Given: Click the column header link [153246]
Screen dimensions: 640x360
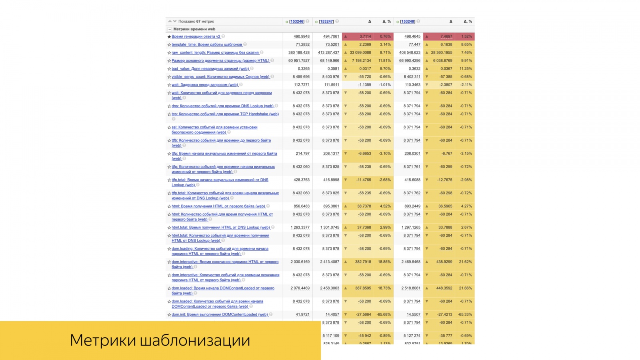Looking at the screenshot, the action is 296,22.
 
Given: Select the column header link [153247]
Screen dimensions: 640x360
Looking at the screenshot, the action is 326,22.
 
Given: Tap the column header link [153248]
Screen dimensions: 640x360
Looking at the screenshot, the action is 407,22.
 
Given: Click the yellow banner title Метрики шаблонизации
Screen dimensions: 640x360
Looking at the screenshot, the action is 160,340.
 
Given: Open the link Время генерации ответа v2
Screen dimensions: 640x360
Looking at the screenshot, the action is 196,36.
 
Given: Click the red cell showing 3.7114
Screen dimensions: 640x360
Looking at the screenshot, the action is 365,36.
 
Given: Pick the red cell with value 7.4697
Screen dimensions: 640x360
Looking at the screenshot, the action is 446,36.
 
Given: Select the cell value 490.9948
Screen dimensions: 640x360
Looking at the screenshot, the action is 302,36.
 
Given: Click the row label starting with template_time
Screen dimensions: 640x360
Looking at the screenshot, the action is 207,44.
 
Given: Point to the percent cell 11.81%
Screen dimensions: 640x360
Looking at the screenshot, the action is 384,61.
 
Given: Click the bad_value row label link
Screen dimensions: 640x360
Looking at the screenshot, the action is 210,69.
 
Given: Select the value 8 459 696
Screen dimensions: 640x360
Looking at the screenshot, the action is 301,77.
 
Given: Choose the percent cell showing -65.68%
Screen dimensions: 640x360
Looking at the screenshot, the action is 384,314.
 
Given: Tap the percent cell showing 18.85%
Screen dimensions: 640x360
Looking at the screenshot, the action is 384,262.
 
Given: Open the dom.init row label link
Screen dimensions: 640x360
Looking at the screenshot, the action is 220,314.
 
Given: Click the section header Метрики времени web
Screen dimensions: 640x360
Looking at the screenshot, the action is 194,29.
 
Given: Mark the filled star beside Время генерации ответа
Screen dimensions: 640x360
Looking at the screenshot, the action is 169,37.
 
